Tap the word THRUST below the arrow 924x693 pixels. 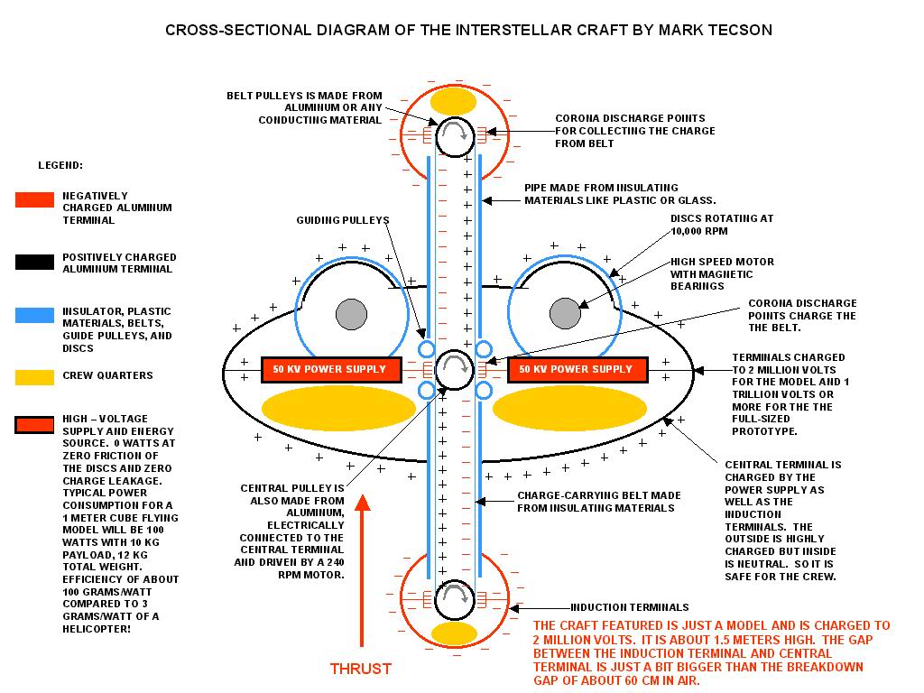(x=361, y=669)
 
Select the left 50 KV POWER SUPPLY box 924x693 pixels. (x=329, y=369)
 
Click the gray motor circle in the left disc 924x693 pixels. (x=351, y=314)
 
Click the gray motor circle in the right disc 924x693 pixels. (x=566, y=314)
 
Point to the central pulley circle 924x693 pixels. (x=455, y=369)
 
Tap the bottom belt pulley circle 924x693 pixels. (x=455, y=599)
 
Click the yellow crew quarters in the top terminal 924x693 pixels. (x=454, y=99)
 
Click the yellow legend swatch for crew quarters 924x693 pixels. (x=34, y=377)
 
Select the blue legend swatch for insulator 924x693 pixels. (x=34, y=315)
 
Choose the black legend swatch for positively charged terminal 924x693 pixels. (x=34, y=263)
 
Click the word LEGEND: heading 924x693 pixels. (x=60, y=166)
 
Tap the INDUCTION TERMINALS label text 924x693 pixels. (x=629, y=607)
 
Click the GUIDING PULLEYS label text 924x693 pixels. (x=342, y=220)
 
